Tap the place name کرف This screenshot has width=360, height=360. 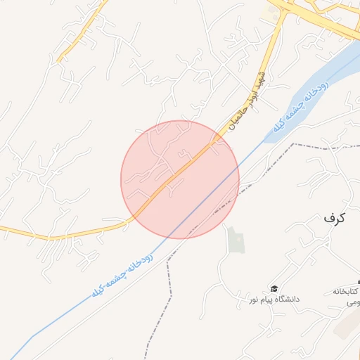point(335,218)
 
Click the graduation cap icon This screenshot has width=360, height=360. point(274,288)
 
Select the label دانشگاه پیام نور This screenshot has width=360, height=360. point(274,300)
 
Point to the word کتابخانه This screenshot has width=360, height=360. point(345,291)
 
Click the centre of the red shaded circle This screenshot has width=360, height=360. point(180,179)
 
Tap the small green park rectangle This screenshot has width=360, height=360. point(236,240)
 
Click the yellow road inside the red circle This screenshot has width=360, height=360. point(179,172)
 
